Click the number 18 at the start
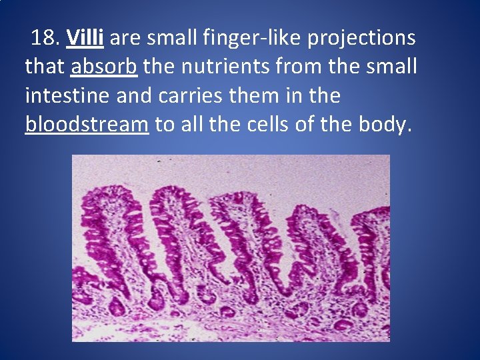click(44, 39)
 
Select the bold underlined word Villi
click(85, 39)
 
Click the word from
click(294, 67)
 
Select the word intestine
click(67, 96)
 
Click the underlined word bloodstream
click(87, 125)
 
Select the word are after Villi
click(125, 39)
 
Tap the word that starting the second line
click(45, 67)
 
